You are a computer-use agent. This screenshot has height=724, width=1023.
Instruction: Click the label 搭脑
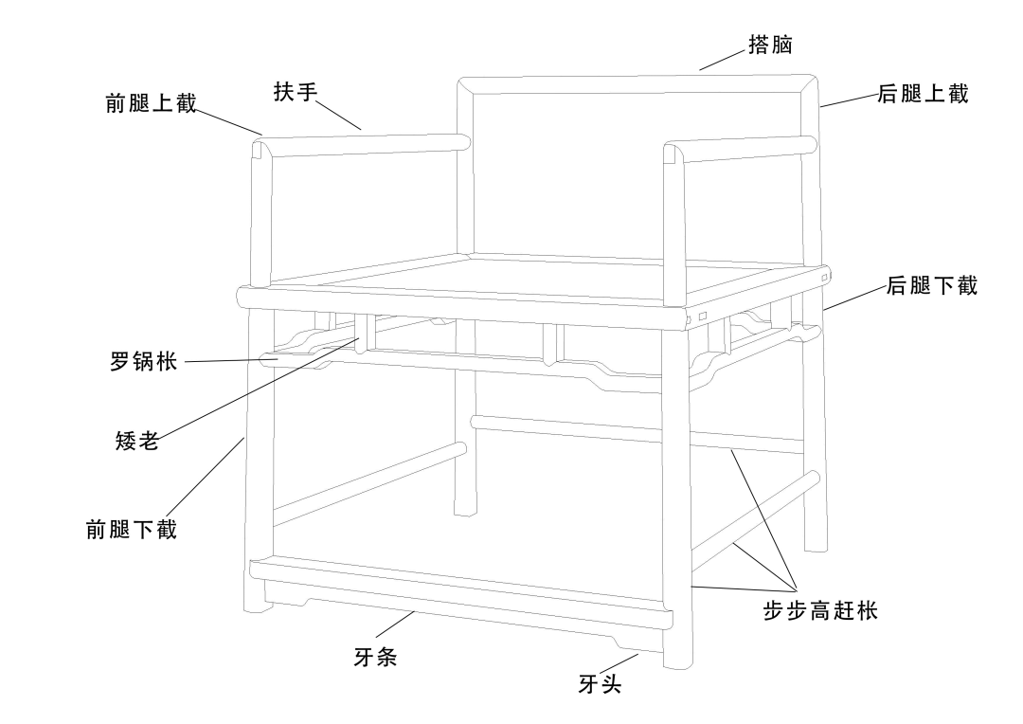pos(769,45)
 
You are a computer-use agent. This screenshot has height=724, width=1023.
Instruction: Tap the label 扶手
pos(295,92)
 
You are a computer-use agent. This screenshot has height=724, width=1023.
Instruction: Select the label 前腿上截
pos(151,103)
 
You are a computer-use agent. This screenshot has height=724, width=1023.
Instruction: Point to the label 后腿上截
pos(923,94)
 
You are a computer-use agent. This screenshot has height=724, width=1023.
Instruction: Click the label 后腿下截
pos(931,286)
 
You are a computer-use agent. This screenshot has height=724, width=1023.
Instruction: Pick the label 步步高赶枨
pos(820,611)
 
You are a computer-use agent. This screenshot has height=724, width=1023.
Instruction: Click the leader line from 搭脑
pos(723,60)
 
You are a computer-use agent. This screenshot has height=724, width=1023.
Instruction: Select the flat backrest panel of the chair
pos(635,171)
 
